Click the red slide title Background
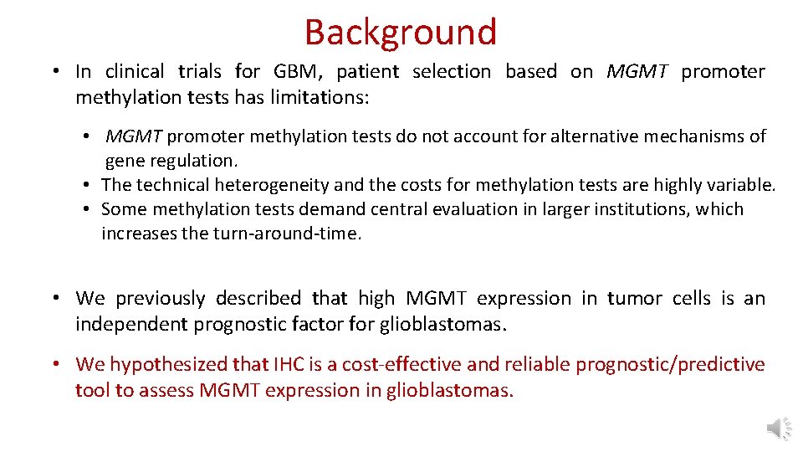tap(401, 33)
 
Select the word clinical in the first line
tap(135, 72)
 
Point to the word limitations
tap(320, 98)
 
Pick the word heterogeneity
tap(272, 185)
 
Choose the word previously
tap(160, 299)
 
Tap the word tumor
tap(633, 299)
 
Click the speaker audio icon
tap(778, 429)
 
